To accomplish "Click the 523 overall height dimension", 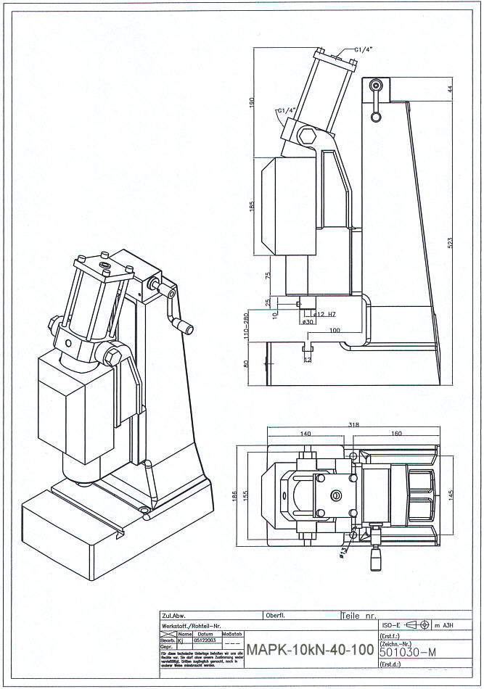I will click(451, 244).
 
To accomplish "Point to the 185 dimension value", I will click(252, 207).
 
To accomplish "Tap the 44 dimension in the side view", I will click(451, 89).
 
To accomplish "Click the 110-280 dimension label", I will click(247, 327).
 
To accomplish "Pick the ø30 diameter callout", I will click(306, 322).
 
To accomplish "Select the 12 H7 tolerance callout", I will click(324, 314).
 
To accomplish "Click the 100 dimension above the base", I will click(334, 330).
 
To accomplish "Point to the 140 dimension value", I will click(305, 434).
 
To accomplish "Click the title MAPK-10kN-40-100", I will click(310, 648).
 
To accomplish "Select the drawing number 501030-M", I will click(407, 652).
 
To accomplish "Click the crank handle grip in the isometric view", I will click(186, 329).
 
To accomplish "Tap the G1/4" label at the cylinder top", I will click(364, 49).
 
